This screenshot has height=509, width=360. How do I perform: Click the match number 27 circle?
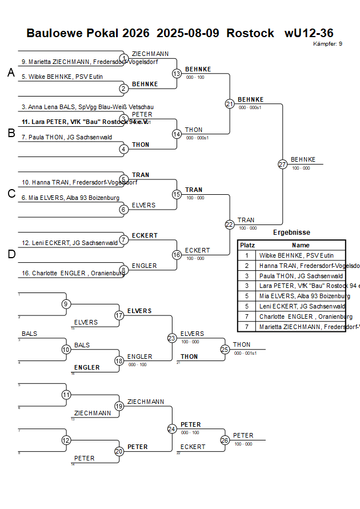pos(282,165)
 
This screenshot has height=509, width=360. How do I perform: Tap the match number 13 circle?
pos(177,74)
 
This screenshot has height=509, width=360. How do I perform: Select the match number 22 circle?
pos(230,225)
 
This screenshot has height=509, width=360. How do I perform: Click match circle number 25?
pos(225,349)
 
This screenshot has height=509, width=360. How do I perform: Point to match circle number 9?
pos(66,304)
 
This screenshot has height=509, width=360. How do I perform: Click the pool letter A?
pos(10,73)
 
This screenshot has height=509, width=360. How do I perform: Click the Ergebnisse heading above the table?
pos(291,233)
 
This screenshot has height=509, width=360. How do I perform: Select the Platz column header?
pos(247,245)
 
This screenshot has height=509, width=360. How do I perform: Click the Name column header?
pos(301,245)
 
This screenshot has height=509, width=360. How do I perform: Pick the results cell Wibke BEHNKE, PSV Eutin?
pos(296,255)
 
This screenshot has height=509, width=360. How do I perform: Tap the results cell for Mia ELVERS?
pos(301,296)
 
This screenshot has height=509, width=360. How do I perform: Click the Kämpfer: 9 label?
pos(328,44)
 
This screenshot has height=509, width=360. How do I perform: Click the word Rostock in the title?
pos(250,33)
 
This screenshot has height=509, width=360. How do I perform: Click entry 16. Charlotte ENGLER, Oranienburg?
pos(73,273)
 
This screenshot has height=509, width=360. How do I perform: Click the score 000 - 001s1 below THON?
pos(245,353)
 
